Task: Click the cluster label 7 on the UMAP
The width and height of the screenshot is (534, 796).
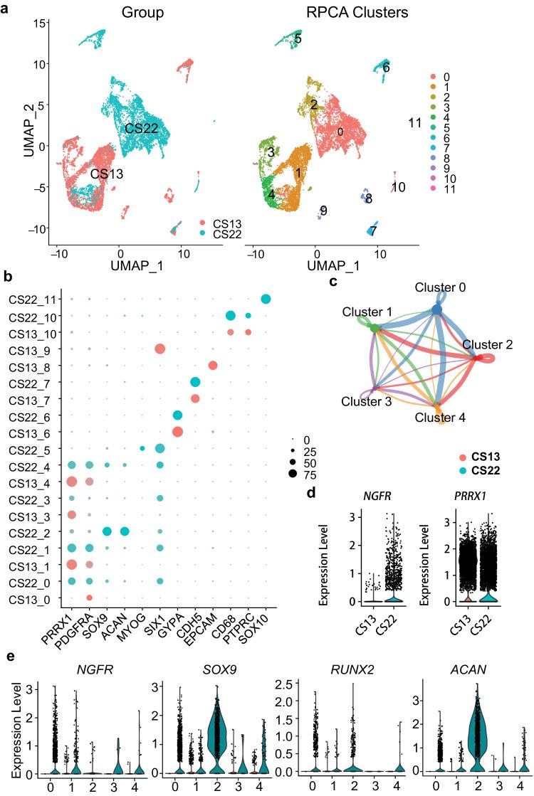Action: coord(372,231)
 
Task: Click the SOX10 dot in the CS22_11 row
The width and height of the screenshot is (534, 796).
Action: coord(266,299)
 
